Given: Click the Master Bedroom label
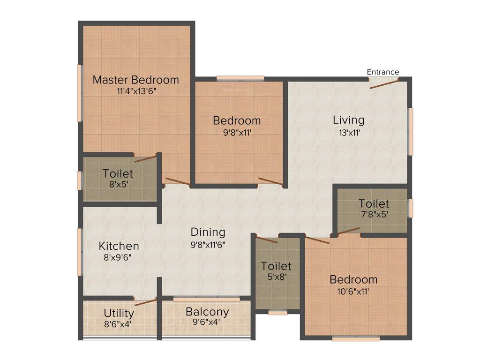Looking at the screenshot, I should tap(136, 80).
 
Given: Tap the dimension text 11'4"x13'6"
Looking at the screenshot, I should tap(136, 91).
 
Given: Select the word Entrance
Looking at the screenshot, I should tap(383, 72).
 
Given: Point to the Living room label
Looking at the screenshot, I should tap(348, 120).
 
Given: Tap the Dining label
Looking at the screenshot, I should tap(208, 232).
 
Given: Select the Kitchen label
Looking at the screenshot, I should tap(119, 246).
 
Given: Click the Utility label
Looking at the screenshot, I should tap(119, 313).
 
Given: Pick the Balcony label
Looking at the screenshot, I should tap(207, 312).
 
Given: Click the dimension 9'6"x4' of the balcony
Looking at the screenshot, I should tap(207, 322).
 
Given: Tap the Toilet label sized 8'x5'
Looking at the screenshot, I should tap(118, 173).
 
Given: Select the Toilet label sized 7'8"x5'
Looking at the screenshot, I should tap(374, 204).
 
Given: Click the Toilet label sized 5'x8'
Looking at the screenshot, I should tap(276, 266).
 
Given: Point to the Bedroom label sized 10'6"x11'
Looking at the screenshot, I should tap(353, 280).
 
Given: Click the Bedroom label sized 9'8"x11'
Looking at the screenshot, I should tap(237, 120).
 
